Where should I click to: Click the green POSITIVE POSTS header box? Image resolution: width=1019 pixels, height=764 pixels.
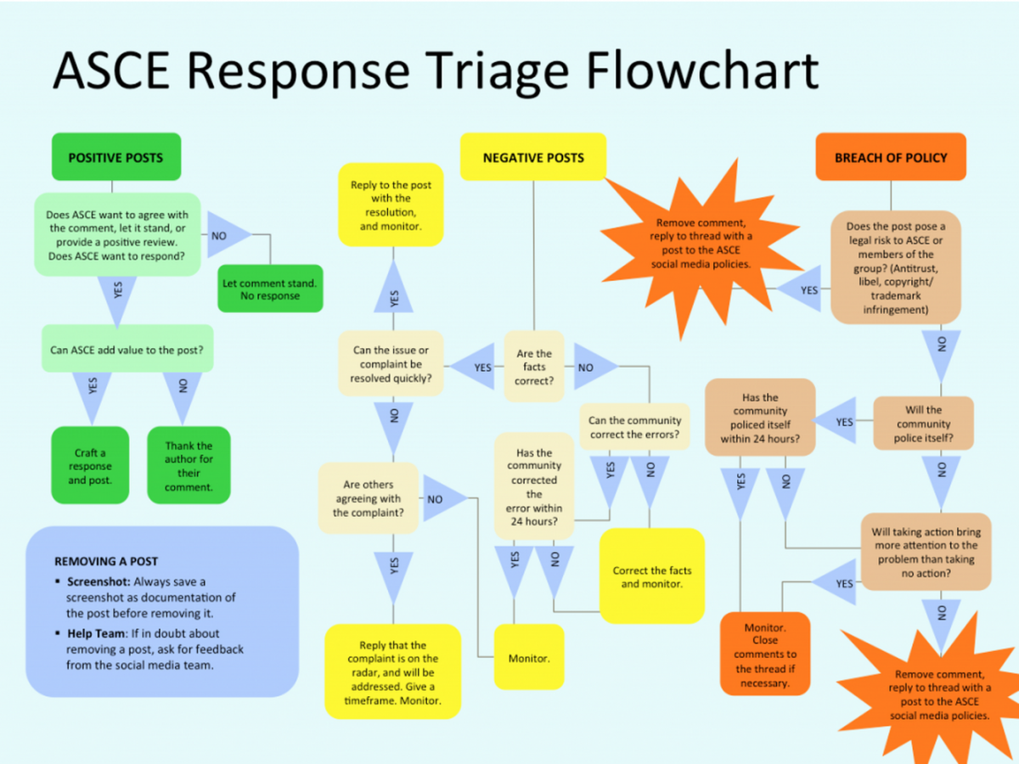[116, 157]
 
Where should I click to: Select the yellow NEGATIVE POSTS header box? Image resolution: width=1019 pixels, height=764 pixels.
[533, 157]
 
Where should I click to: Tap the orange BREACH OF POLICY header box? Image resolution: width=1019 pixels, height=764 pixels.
[891, 157]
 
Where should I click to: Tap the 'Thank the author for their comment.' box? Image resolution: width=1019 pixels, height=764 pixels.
[189, 465]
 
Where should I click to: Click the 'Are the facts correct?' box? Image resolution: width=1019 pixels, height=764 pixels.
[534, 367]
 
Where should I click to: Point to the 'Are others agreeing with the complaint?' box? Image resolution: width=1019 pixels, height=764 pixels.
[368, 498]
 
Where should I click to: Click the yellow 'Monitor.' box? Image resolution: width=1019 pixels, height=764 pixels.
[529, 658]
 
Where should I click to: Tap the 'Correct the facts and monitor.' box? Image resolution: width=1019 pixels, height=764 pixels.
[651, 577]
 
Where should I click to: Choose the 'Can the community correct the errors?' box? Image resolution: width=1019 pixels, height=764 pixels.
[634, 427]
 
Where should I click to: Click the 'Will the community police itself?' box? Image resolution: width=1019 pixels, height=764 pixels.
[923, 424]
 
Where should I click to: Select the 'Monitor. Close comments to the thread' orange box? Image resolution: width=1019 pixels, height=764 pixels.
[764, 654]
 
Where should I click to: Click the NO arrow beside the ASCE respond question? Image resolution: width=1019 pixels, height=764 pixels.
[224, 236]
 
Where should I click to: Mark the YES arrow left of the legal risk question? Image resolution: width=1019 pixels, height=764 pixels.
[804, 290]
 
